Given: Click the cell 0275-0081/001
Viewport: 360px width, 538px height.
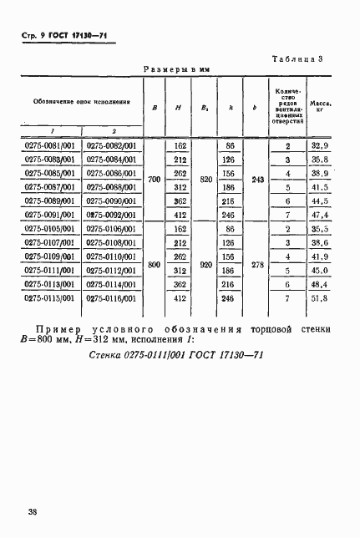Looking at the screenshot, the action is pos(51,145).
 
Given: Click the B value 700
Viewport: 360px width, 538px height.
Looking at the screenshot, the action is pos(154,180).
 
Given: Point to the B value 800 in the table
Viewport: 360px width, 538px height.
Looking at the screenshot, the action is pos(154,263).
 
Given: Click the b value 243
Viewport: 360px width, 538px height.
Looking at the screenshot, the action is pos(256,180).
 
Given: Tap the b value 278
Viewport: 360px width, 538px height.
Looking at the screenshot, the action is pos(256,263).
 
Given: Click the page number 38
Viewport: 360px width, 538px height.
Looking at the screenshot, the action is pos(33,510).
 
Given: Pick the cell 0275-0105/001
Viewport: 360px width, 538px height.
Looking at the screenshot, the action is pos(51,229).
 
